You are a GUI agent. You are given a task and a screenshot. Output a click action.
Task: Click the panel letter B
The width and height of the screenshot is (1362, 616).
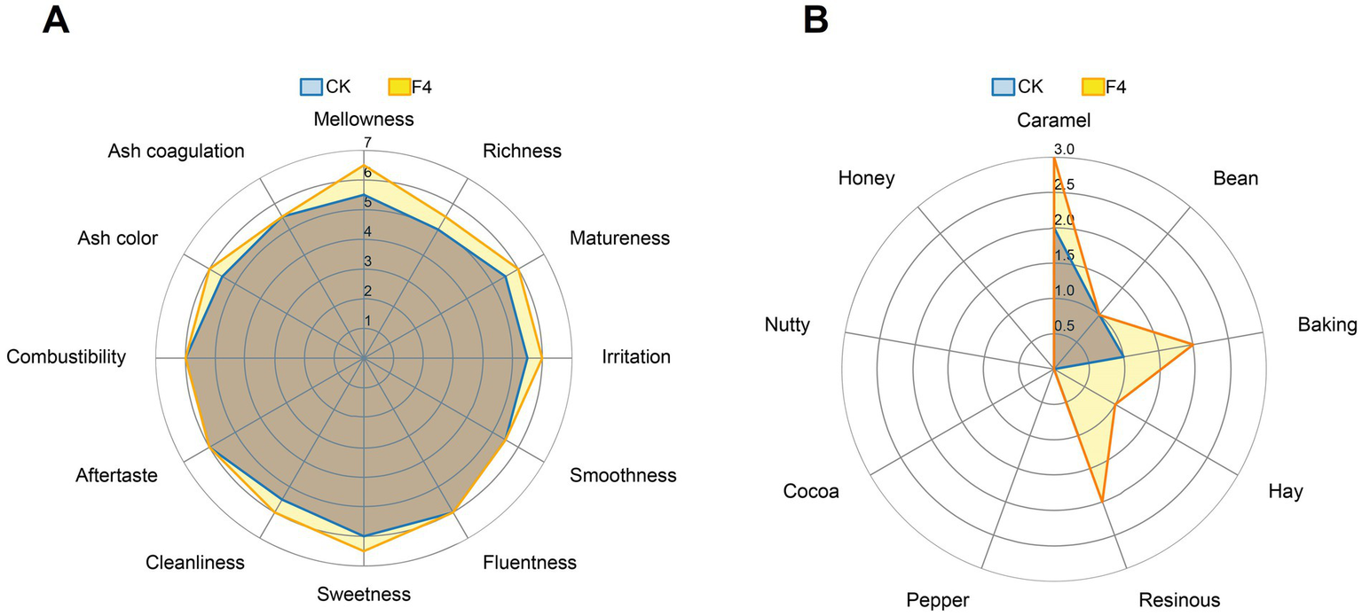click(x=816, y=19)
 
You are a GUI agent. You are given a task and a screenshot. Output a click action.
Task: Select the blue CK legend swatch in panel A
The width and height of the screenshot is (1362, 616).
click(x=311, y=86)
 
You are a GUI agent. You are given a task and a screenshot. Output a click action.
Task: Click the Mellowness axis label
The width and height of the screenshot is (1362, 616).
click(x=364, y=118)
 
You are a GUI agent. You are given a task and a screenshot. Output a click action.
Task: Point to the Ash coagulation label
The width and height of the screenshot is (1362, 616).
click(x=176, y=151)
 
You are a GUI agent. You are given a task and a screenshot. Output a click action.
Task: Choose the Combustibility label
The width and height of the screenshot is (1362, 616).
click(x=66, y=356)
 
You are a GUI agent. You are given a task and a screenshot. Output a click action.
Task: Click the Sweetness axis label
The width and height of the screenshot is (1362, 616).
click(x=364, y=594)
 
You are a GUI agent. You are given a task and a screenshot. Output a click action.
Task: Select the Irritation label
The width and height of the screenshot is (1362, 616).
click(x=636, y=356)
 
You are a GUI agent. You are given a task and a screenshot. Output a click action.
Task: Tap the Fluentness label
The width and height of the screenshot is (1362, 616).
click(x=530, y=562)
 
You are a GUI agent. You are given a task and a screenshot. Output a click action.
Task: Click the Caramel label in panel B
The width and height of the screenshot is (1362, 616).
click(x=1054, y=120)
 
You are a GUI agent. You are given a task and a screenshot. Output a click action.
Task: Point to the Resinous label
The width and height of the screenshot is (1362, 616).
click(x=1178, y=599)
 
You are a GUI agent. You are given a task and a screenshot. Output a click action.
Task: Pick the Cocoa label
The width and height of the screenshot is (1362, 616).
click(x=811, y=491)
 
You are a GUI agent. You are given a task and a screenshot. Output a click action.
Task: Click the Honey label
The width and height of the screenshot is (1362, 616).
click(x=866, y=177)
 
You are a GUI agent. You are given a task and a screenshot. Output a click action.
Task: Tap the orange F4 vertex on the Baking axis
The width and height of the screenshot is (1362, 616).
click(x=1192, y=344)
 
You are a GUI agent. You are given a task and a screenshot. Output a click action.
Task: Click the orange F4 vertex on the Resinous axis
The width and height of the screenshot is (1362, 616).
click(x=1102, y=502)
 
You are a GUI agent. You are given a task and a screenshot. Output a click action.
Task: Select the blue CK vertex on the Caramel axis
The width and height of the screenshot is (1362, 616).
click(x=1054, y=228)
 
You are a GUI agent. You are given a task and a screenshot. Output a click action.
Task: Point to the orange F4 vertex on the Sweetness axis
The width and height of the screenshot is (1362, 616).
click(x=364, y=551)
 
